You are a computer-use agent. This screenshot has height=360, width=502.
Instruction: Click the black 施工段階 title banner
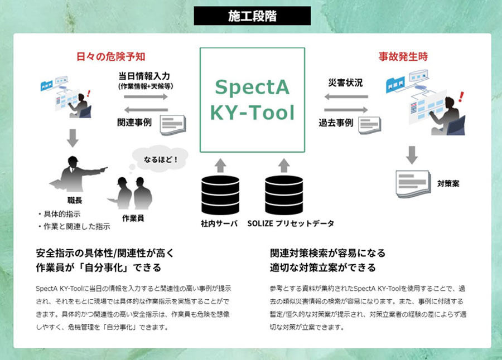click(252, 16)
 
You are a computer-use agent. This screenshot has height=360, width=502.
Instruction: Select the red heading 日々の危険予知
click(111, 57)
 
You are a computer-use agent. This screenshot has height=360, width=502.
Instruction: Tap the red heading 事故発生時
click(403, 57)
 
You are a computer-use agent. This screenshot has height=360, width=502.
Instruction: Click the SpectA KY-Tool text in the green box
click(252, 100)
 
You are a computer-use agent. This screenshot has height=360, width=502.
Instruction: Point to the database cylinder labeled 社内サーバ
click(220, 195)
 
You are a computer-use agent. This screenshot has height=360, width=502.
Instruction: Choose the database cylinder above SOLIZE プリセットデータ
click(284, 195)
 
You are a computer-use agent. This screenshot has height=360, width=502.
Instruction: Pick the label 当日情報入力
click(144, 76)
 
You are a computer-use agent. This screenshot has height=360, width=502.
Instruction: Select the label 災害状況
click(345, 83)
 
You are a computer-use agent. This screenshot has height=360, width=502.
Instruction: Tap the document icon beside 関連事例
click(173, 125)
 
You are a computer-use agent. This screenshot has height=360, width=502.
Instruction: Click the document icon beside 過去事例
click(370, 125)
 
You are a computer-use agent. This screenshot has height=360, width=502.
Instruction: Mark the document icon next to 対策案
click(413, 184)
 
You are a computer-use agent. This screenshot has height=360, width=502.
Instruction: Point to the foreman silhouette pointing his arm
click(77, 175)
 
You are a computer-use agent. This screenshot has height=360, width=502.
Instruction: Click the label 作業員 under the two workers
click(133, 218)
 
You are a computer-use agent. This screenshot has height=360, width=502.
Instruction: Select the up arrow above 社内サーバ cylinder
click(220, 166)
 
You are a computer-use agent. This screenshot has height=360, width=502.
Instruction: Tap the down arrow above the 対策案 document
click(412, 155)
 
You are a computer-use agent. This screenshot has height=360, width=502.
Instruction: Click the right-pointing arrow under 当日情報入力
click(146, 96)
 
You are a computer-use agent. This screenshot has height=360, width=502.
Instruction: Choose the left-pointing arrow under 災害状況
click(346, 96)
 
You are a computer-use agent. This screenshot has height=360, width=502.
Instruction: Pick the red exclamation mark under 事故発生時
click(461, 96)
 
